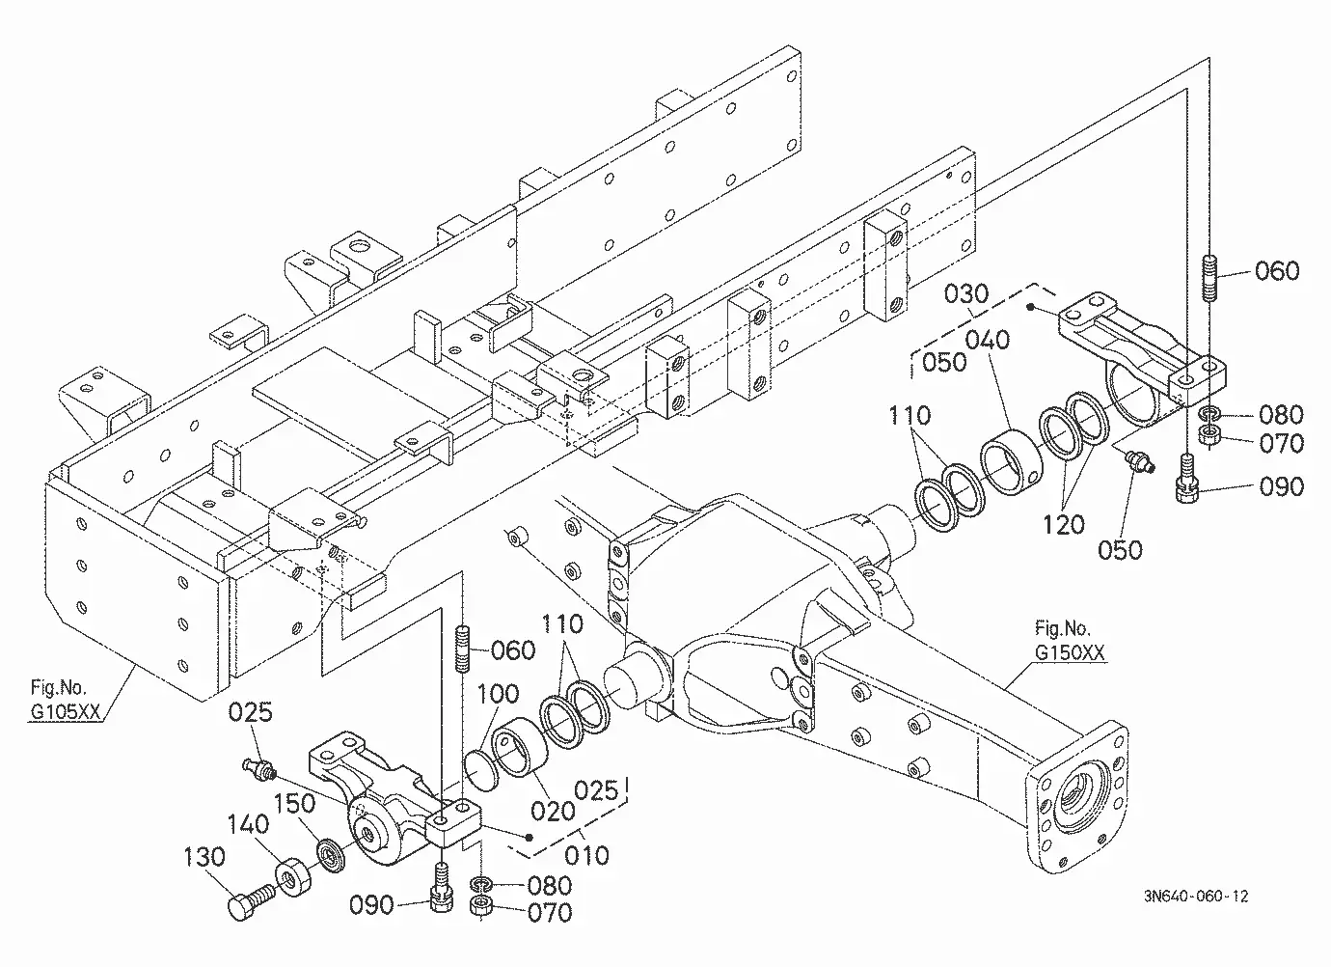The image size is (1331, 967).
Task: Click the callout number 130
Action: click(x=204, y=857)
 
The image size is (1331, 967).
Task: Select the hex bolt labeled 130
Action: click(x=251, y=901)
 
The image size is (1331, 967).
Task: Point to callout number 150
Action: click(x=294, y=804)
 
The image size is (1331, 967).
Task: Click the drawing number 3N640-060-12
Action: click(x=1196, y=896)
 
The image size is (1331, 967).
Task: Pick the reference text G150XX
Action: click(x=1070, y=652)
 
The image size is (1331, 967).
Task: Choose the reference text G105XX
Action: click(x=66, y=712)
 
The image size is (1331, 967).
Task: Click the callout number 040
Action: click(x=988, y=340)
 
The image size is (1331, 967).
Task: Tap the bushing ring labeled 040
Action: click(x=1010, y=461)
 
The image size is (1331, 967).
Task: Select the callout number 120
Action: click(x=1064, y=525)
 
